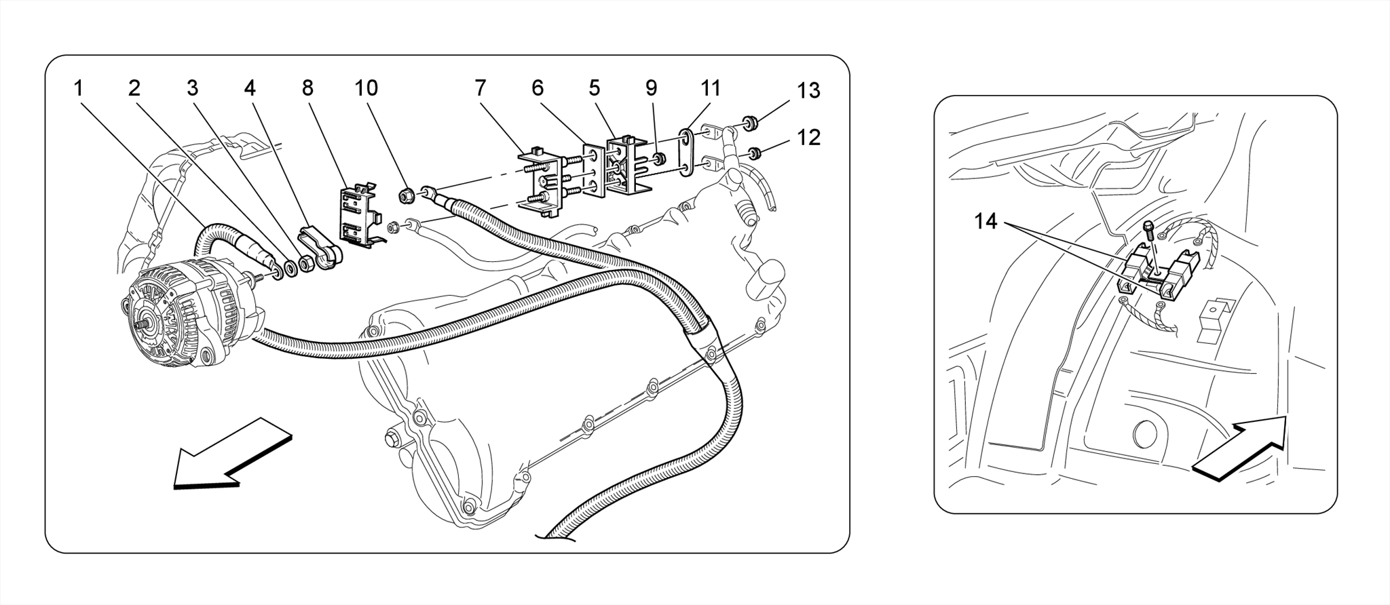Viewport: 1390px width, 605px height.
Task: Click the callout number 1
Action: pyautogui.click(x=79, y=88)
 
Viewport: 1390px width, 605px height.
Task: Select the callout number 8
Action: pyautogui.click(x=307, y=88)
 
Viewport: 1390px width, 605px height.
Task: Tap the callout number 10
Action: pyautogui.click(x=366, y=88)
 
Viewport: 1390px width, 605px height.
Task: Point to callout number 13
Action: pyautogui.click(x=808, y=90)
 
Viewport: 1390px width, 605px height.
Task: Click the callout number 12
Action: pyautogui.click(x=809, y=138)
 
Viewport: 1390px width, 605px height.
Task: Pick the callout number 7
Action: pyautogui.click(x=480, y=88)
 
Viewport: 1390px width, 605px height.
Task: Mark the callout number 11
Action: pyautogui.click(x=710, y=88)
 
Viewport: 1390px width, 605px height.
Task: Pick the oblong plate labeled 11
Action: pyautogui.click(x=688, y=153)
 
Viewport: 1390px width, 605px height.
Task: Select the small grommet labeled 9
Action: pyautogui.click(x=658, y=160)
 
